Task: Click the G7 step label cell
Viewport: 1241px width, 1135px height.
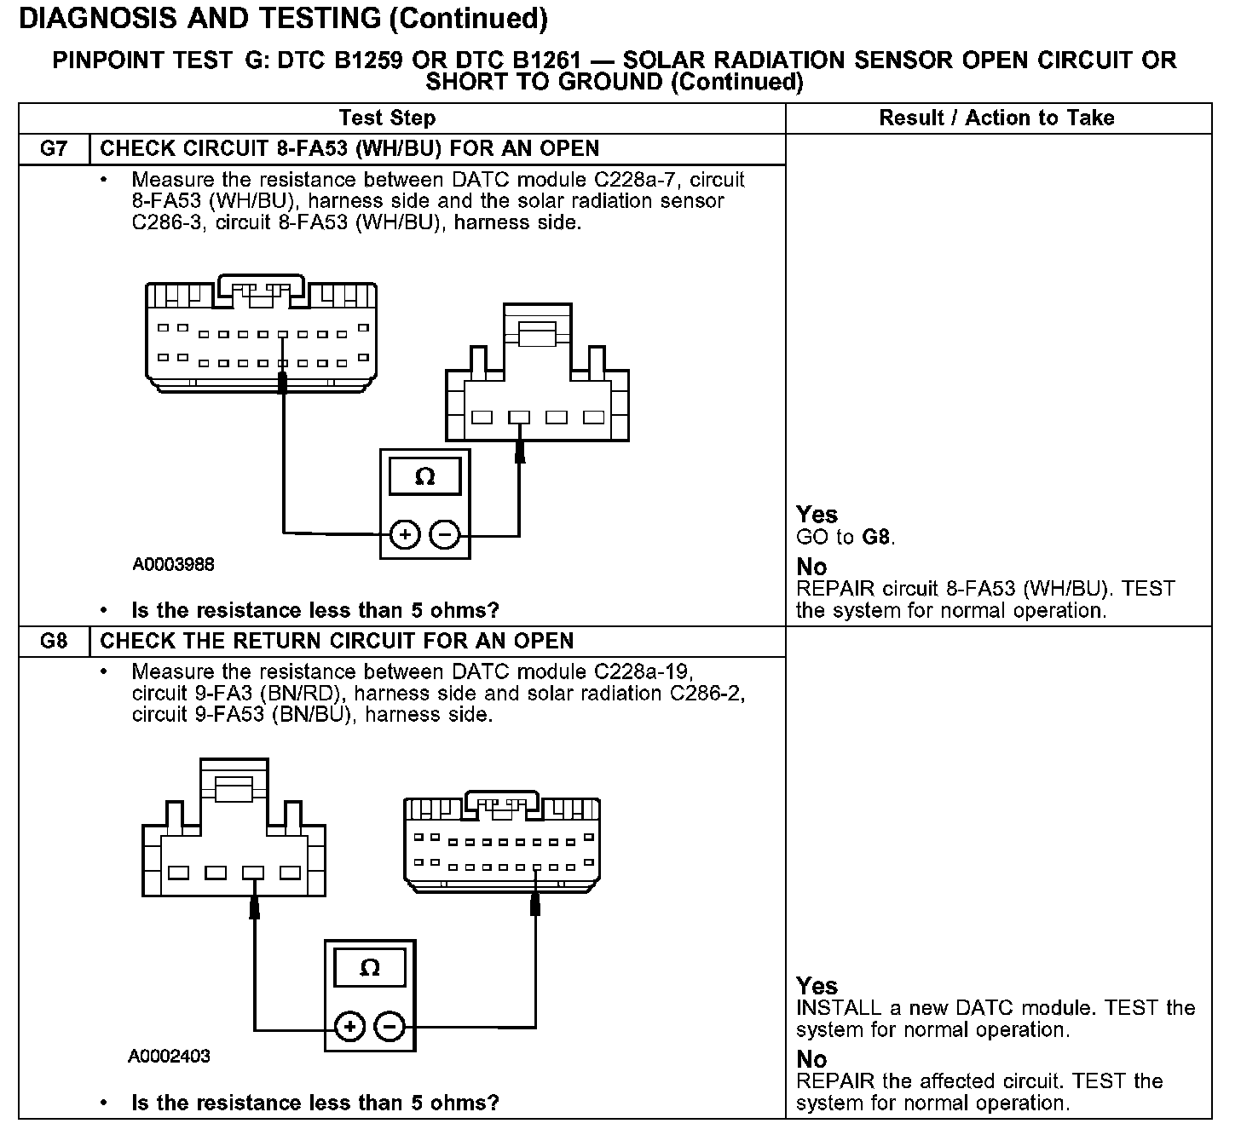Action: coord(54,149)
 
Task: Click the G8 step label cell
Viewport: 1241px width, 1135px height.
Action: coord(54,641)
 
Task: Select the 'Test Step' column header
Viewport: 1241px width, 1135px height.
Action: coord(387,118)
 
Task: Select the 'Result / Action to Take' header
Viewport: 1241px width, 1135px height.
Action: coord(996,118)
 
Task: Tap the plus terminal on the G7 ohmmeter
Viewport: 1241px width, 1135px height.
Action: coord(405,535)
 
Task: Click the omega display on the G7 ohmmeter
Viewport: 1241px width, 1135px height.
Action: coord(424,476)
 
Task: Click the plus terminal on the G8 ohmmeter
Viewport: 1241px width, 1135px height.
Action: coord(349,1027)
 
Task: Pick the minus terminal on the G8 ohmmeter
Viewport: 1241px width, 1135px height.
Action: coord(390,1027)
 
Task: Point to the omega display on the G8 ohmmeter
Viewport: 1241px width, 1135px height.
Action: coord(370,968)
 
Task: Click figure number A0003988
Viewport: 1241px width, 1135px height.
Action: coord(173,564)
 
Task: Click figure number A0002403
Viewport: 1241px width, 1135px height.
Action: coord(169,1057)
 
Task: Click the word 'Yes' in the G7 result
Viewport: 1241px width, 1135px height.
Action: coord(817,515)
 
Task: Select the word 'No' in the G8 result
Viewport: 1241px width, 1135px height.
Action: coord(811,1059)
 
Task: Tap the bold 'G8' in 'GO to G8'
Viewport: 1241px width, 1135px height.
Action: coord(878,538)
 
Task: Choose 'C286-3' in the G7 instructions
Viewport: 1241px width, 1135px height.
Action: coord(168,223)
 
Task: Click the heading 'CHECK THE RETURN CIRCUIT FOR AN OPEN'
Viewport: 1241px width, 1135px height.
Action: coord(337,641)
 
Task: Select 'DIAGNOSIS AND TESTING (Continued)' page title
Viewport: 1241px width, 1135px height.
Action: coord(282,18)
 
